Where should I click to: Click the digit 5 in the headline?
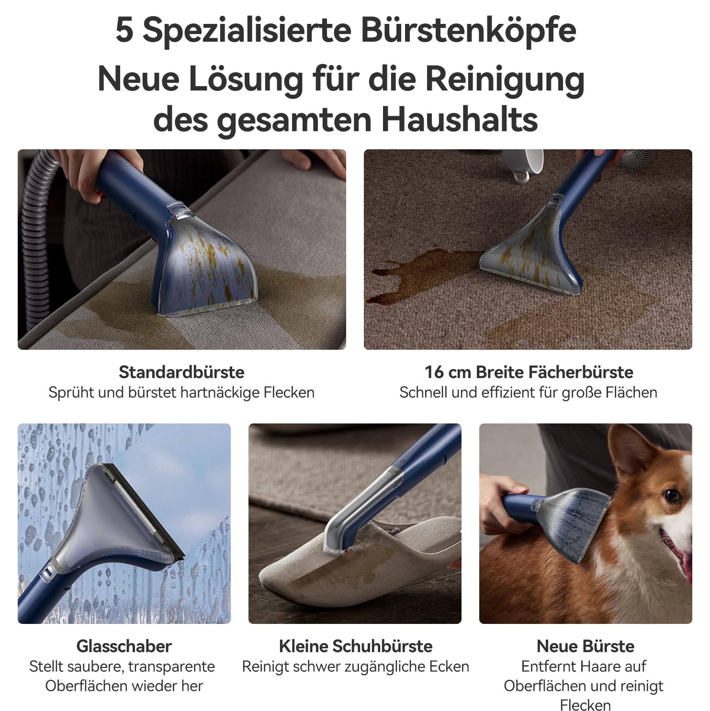124,31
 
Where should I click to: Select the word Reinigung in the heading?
505,80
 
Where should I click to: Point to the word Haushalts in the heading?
460,120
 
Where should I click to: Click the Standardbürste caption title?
181,372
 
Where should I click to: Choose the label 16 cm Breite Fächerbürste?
529,372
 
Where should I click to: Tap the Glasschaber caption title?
124,646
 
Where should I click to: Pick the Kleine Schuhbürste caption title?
356,646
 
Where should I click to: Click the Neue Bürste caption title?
586,646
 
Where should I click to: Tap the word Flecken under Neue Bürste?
585,705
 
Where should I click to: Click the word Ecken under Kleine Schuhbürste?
447,667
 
